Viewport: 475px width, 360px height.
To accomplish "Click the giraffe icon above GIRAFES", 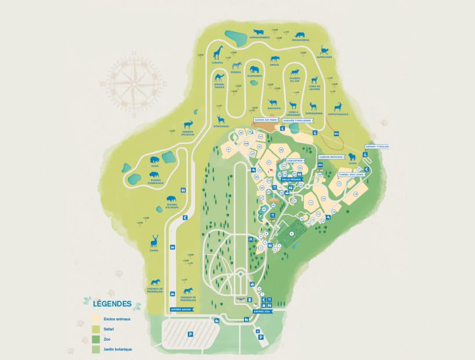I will click(218, 53).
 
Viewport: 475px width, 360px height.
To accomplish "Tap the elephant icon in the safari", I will click(254, 69).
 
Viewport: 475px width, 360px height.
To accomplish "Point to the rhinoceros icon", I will click(300, 34).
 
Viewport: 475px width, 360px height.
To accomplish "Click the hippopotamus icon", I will click(258, 32).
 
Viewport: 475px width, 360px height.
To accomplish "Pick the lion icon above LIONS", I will click(352, 157).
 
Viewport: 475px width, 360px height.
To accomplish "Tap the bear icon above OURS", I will click(154, 160).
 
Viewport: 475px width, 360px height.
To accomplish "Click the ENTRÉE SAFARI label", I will click(182, 310).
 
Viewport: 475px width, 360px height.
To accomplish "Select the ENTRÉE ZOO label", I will click(262, 311).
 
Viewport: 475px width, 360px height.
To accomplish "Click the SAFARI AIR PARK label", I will click(266, 120).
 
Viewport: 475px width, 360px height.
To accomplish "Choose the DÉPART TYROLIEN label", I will click(377, 146).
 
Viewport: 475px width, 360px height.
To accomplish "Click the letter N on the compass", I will click(135, 53).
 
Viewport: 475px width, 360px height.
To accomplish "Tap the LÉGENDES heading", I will click(112, 303).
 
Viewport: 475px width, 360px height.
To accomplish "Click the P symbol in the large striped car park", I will click(190, 334).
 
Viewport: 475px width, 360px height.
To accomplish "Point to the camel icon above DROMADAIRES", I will click(219, 78).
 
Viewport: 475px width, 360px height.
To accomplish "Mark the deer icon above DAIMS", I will click(154, 241).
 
